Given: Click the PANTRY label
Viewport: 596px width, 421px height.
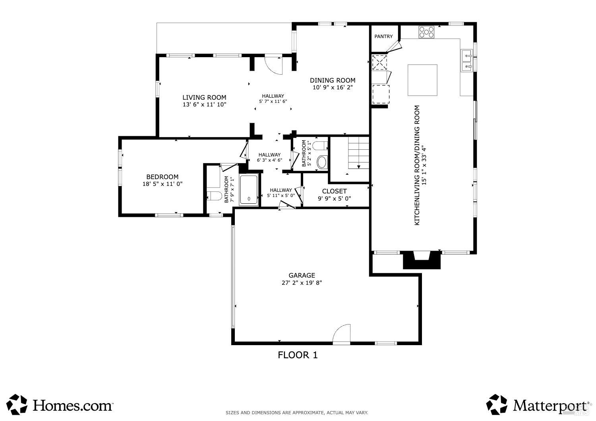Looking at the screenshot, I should pyautogui.click(x=383, y=37).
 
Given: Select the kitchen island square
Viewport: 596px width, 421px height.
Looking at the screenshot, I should pyautogui.click(x=422, y=80).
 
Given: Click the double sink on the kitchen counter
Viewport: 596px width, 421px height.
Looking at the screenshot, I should pyautogui.click(x=466, y=61).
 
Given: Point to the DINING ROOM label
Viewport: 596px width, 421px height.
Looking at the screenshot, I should pyautogui.click(x=333, y=80).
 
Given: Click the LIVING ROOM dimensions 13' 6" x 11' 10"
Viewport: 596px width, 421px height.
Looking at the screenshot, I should pyautogui.click(x=204, y=105).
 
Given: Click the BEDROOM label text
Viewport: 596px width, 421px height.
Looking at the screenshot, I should pyautogui.click(x=162, y=177).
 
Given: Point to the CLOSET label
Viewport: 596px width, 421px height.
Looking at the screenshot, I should pyautogui.click(x=334, y=191).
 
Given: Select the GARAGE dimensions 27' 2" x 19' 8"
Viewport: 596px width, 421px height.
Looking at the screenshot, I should pyautogui.click(x=302, y=283).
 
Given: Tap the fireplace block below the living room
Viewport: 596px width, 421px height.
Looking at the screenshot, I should pyautogui.click(x=422, y=260).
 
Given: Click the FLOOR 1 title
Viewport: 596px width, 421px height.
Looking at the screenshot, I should pyautogui.click(x=298, y=355).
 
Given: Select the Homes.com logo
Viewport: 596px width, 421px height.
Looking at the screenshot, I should pyautogui.click(x=60, y=405).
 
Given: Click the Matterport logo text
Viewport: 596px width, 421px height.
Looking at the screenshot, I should pyautogui.click(x=550, y=406).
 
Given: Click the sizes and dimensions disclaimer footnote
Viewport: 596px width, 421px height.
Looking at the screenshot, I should pyautogui.click(x=297, y=413).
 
